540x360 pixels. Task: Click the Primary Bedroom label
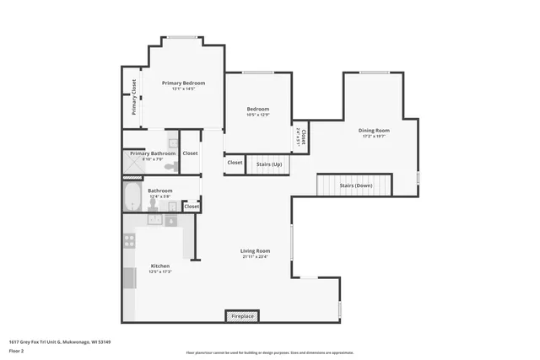183,83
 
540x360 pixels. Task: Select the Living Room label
255,250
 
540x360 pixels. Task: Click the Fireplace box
242,316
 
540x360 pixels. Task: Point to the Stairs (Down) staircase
354,185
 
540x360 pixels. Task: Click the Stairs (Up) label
268,163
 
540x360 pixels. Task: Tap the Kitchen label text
159,266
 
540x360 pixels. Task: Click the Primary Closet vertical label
133,98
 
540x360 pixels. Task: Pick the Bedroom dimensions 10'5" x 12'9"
257,116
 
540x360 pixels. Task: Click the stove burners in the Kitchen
129,240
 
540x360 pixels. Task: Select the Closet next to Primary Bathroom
190,153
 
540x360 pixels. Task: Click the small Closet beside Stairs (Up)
235,163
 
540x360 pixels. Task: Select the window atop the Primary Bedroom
178,36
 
